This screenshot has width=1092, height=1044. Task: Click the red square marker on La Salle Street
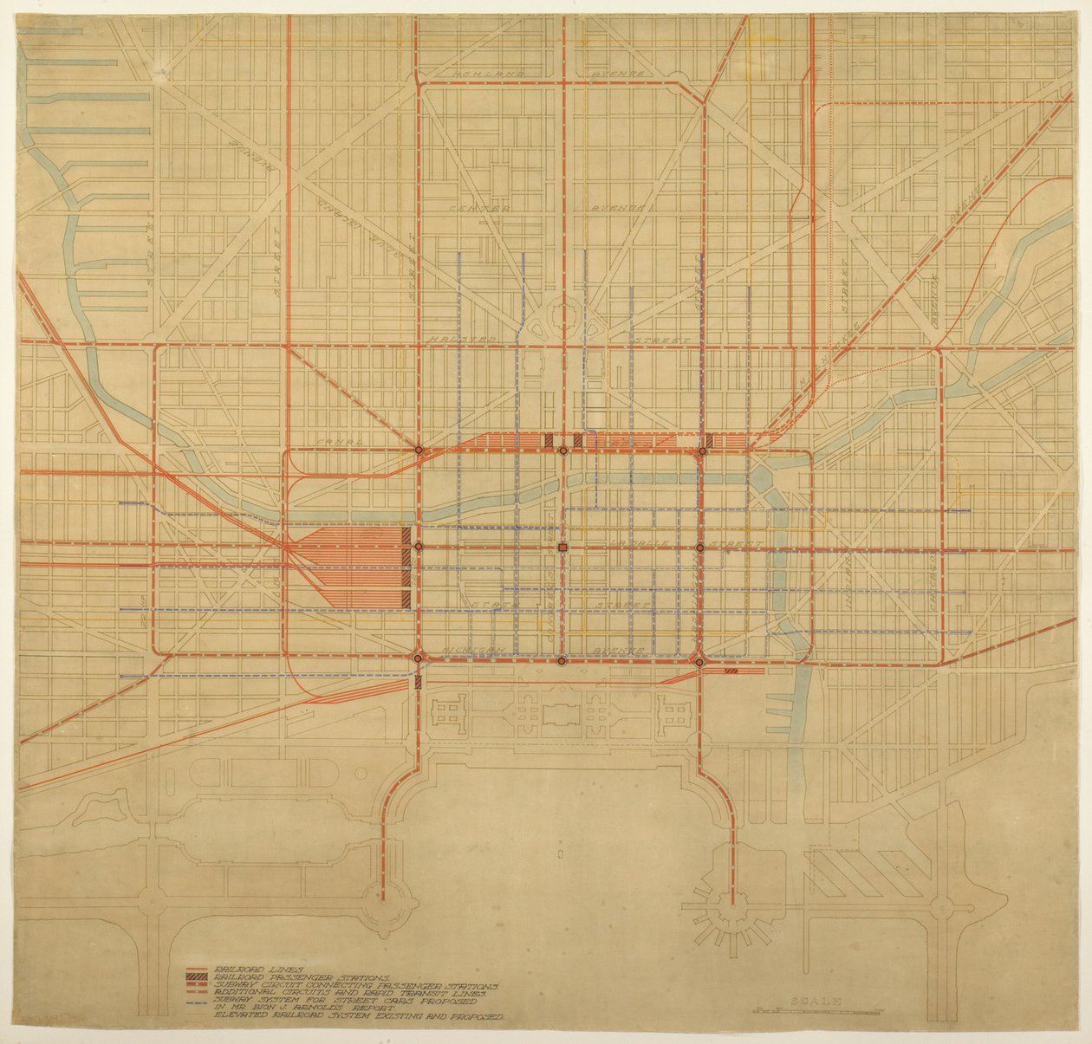tap(562, 548)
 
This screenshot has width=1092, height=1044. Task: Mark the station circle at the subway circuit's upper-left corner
tap(419, 451)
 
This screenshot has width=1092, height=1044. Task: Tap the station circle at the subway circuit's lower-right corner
tap(699, 662)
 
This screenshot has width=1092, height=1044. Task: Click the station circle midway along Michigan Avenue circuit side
tap(562, 661)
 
